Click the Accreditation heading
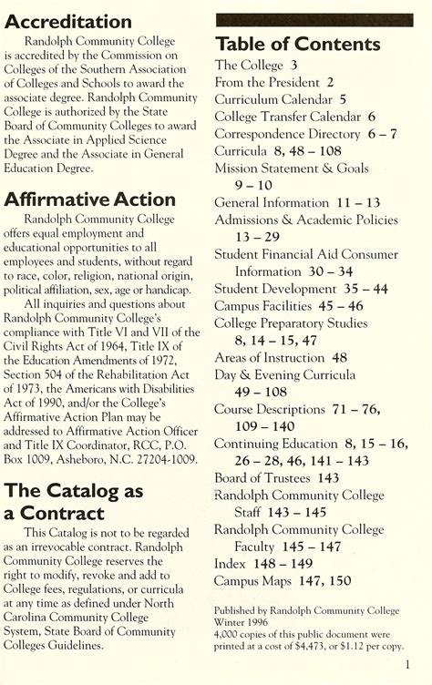click(x=67, y=20)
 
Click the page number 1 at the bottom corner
click(x=411, y=665)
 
